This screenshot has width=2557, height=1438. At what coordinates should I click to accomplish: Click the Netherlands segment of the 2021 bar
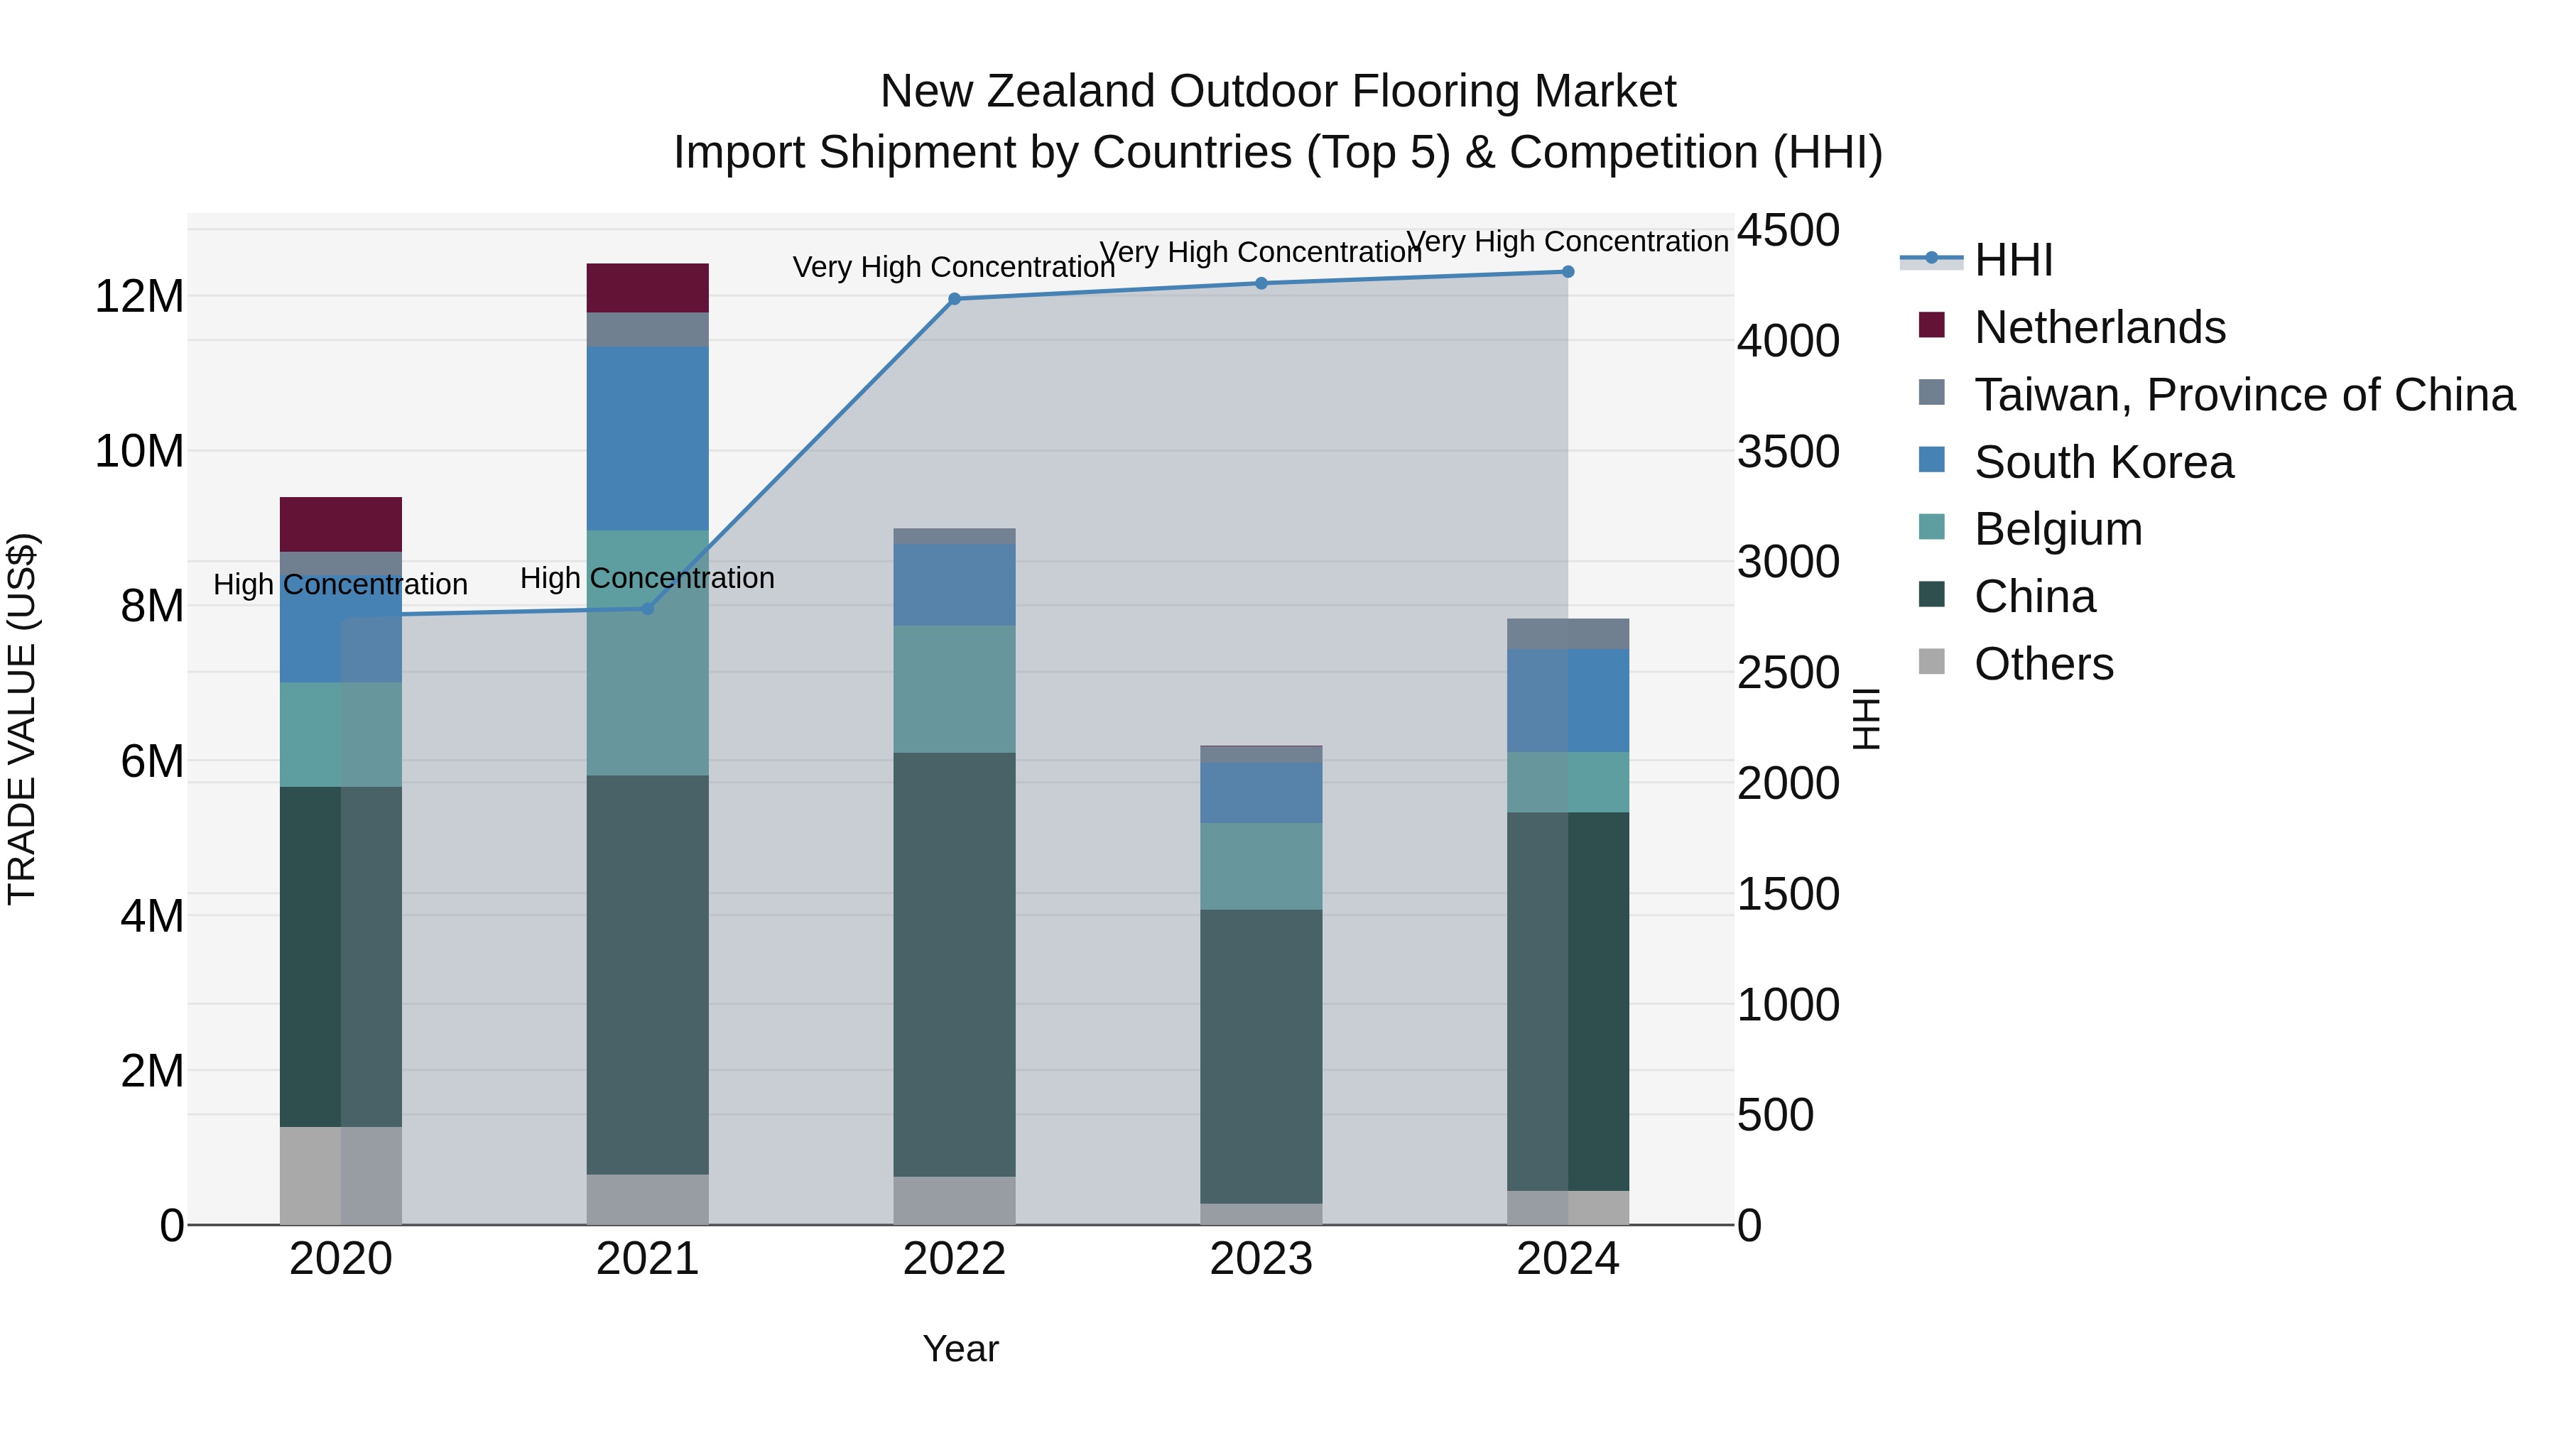[x=647, y=288]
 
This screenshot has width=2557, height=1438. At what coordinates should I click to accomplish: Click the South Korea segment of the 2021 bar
[x=647, y=437]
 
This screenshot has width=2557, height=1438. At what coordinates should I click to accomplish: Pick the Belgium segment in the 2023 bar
[x=1261, y=866]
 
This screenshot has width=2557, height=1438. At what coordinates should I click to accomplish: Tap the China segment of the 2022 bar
[x=954, y=964]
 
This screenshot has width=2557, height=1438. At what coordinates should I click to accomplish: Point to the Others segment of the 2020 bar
[x=340, y=1175]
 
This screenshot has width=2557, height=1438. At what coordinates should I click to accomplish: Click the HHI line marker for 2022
[x=954, y=299]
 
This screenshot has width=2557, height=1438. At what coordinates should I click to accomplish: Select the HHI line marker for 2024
[x=1568, y=272]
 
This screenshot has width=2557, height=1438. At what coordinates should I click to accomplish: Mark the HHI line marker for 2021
[x=647, y=609]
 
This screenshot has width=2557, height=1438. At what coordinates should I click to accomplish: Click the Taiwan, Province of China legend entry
[x=2243, y=395]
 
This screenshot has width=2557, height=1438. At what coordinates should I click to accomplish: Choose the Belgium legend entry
[x=2057, y=529]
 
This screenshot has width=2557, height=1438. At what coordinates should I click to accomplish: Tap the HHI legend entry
[x=2012, y=260]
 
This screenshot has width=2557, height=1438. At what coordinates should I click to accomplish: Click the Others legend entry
[x=2043, y=664]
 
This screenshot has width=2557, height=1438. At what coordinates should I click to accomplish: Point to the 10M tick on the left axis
[x=139, y=452]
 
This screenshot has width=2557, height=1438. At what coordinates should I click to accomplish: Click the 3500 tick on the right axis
[x=1788, y=452]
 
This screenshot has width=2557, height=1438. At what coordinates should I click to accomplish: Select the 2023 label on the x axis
[x=1261, y=1259]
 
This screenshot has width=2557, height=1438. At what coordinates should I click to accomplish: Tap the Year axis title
[x=960, y=1349]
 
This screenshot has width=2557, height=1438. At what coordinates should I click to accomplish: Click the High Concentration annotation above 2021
[x=647, y=577]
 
